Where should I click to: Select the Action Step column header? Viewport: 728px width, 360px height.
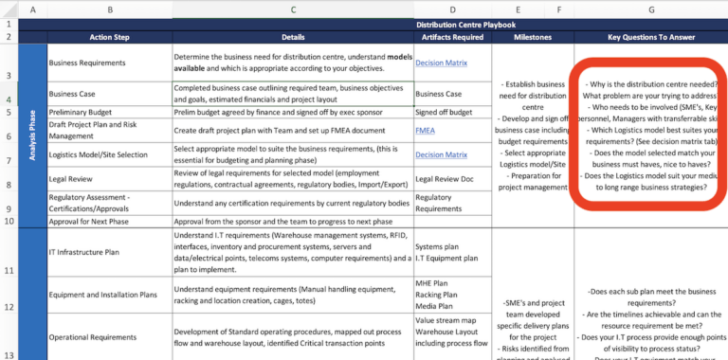pos(110,38)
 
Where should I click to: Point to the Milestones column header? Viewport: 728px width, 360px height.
pos(532,38)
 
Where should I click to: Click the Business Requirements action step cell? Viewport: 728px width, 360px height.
pos(88,63)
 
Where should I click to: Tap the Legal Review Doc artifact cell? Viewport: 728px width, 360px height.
pos(449,179)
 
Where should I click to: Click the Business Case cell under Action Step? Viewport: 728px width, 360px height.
pos(77,94)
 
